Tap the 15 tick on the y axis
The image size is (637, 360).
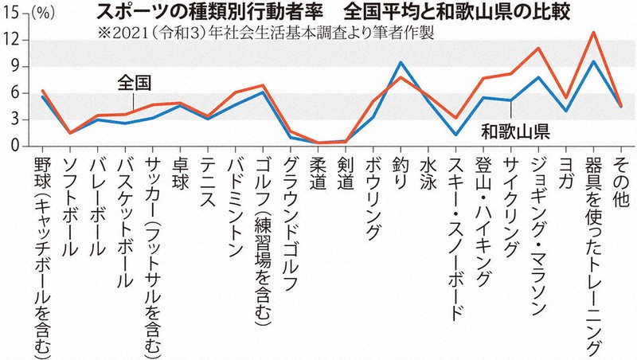[12, 14]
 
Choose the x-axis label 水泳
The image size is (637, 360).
[428, 170]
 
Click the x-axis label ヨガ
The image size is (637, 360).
[565, 170]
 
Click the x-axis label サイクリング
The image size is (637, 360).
[510, 203]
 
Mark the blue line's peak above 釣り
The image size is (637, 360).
[401, 62]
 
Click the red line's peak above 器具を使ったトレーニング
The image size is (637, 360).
[593, 32]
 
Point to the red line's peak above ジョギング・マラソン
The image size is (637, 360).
[538, 49]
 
